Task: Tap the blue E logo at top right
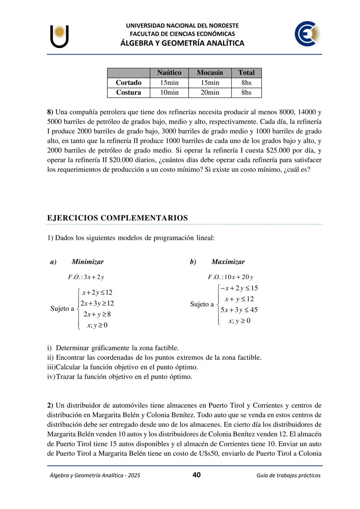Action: tap(307, 34)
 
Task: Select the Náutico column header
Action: tap(169, 73)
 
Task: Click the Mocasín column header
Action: tap(210, 73)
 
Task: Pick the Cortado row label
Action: tap(128, 83)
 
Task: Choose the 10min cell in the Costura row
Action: tap(169, 93)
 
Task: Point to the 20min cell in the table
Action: tap(210, 93)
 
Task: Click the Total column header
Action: tap(246, 73)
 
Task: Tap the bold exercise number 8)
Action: tap(50, 112)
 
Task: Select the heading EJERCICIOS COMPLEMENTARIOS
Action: tap(117, 218)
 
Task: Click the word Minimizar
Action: tap(88, 262)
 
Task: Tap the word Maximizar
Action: tap(228, 262)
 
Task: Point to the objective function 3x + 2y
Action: tap(94, 277)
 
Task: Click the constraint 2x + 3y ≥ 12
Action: tap(97, 303)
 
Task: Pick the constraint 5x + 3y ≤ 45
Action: tap(239, 310)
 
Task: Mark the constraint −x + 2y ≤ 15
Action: tap(239, 288)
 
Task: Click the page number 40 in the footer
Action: tap(197, 475)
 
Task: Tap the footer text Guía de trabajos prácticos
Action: tap(288, 475)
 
